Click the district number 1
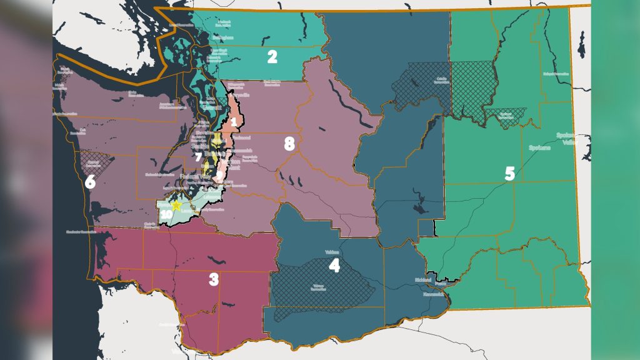(234, 121)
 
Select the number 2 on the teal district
(272, 57)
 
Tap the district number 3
(214, 279)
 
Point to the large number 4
(334, 266)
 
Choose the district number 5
(509, 173)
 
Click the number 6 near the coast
(90, 182)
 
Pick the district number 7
(199, 157)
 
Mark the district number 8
(289, 144)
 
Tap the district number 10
(166, 214)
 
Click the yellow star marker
(177, 205)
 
